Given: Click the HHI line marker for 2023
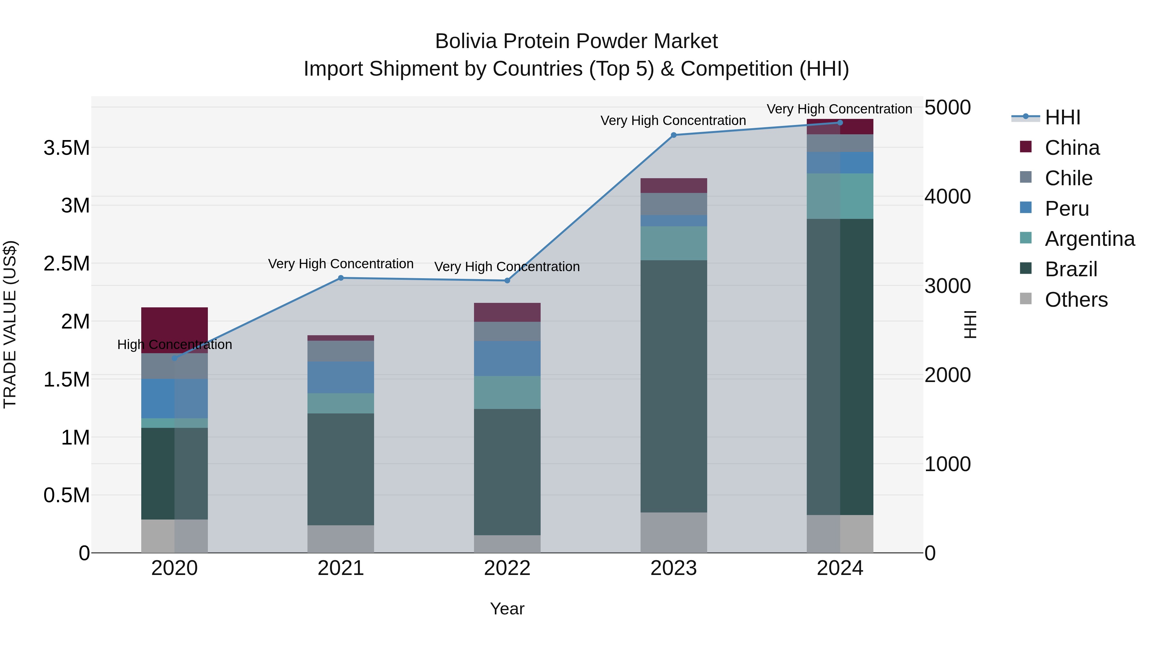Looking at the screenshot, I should click(674, 135).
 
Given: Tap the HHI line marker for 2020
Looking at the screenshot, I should click(175, 358).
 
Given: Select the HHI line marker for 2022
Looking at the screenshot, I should click(507, 280).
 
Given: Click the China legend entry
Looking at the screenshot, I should click(1072, 148).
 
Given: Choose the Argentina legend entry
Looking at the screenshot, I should click(1090, 239).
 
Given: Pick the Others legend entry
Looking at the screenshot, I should click(1076, 300).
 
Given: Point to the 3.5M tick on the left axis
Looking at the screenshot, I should click(66, 148).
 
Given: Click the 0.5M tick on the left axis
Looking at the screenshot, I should click(66, 495).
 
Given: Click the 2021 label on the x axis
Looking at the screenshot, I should click(341, 568).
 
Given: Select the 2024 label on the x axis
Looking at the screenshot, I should click(840, 568).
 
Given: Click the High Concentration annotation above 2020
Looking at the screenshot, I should click(175, 345).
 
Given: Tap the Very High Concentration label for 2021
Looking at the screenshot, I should click(341, 264).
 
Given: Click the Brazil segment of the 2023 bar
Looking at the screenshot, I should click(674, 386).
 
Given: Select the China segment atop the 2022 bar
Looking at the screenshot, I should click(507, 312).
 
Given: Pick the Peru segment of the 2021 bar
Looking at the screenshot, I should click(341, 377).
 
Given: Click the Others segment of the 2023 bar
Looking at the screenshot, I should click(674, 533).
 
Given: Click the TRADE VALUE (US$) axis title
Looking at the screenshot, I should click(10, 324).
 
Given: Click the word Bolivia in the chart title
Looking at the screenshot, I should click(466, 41).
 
